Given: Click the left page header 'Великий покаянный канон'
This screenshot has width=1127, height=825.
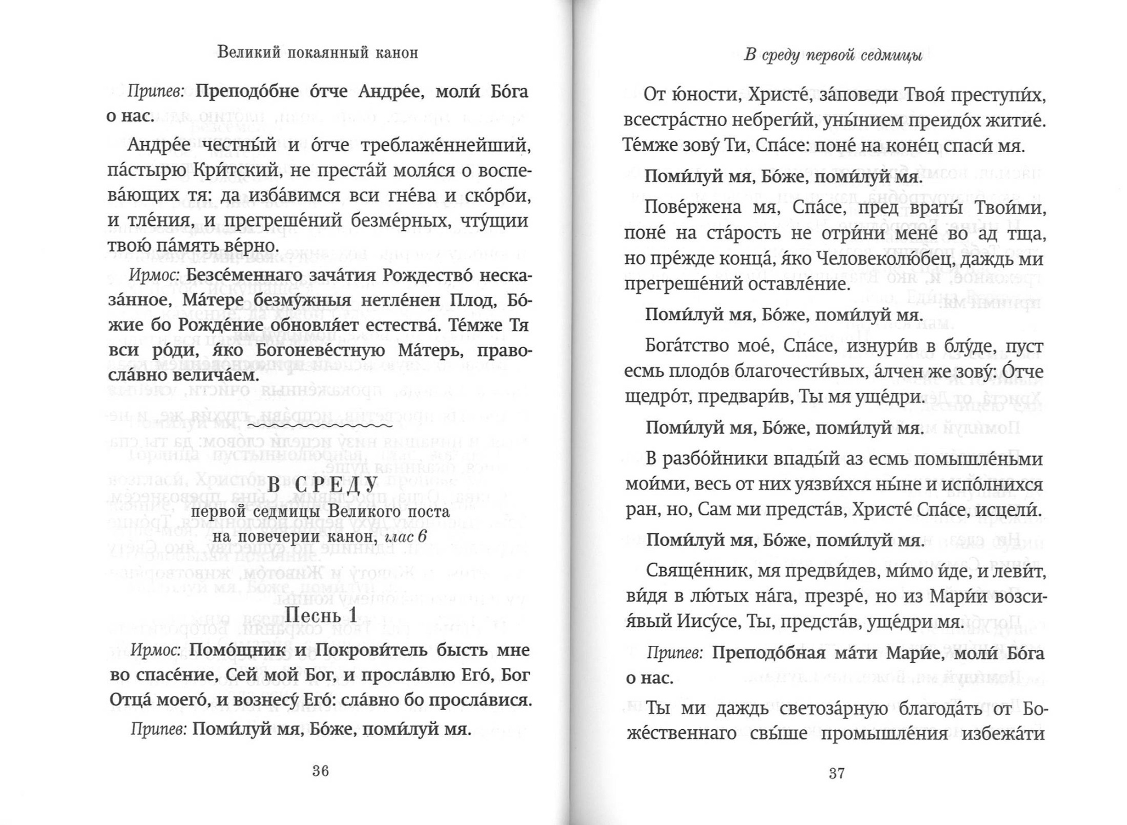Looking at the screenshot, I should click(x=318, y=53).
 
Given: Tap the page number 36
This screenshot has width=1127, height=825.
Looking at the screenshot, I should click(x=320, y=771).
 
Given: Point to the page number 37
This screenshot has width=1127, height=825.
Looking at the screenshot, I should click(x=837, y=773).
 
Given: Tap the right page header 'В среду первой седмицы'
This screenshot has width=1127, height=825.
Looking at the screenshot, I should click(x=833, y=56).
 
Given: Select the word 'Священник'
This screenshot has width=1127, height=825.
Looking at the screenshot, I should click(x=696, y=572).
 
